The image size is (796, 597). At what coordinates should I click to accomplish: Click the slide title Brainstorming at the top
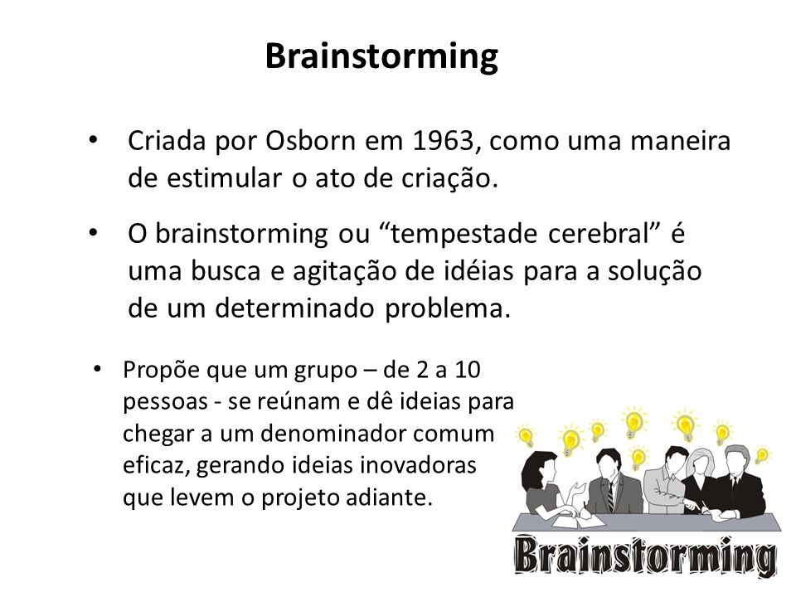point(381,57)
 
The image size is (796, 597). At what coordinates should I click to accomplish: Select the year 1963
point(444,141)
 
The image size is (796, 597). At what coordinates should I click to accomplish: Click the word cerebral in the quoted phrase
point(599,233)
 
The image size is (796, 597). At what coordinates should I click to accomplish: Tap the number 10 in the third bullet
point(467,370)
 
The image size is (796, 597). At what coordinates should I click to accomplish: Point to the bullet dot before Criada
point(92,139)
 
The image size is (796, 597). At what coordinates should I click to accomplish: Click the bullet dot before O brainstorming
point(92,232)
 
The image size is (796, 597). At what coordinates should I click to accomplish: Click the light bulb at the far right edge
point(761,455)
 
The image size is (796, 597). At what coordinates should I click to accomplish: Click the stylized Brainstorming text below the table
point(645,556)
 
